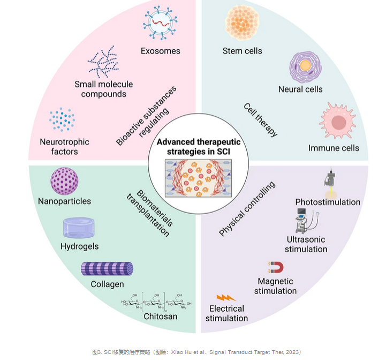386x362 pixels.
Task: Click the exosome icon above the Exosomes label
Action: (x=161, y=24)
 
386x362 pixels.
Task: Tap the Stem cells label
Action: (x=242, y=51)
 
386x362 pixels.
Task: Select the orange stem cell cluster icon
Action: (x=243, y=23)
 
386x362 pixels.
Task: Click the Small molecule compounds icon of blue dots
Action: (x=103, y=62)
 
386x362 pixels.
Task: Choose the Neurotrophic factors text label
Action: (x=64, y=147)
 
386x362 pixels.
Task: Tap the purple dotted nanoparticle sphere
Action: (x=64, y=181)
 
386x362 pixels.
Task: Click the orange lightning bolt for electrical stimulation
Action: (x=226, y=297)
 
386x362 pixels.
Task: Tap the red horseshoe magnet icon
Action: (x=275, y=268)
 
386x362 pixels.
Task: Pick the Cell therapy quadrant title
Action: (x=261, y=119)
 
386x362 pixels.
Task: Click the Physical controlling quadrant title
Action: (x=247, y=209)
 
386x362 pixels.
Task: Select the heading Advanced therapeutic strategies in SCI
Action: (x=199, y=146)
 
